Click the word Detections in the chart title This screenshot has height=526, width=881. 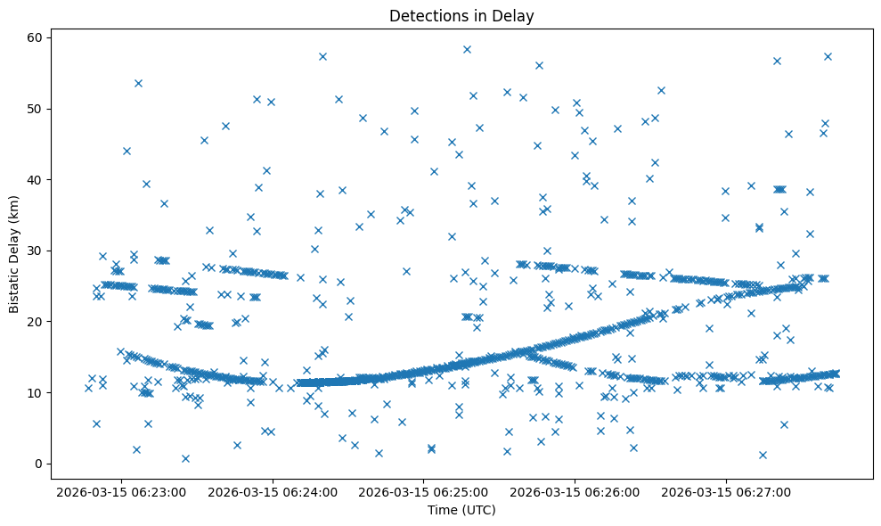424,16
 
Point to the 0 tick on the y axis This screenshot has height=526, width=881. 39,464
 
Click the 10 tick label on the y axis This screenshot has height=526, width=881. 36,392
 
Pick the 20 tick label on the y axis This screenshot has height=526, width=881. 36,322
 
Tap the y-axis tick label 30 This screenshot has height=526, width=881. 36,251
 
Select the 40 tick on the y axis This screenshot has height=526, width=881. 36,180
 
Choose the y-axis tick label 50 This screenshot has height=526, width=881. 36,109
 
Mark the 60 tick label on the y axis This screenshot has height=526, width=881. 36,38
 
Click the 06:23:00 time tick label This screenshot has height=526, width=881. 121,491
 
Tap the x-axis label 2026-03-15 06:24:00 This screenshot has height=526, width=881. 273,491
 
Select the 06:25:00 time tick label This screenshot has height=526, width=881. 423,491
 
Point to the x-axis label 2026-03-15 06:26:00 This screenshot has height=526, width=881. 575,491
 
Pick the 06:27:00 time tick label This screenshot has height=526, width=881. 725,491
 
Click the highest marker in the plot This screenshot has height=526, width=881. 467,49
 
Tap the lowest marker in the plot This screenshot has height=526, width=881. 185,458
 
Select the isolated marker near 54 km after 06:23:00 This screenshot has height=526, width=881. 138,83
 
